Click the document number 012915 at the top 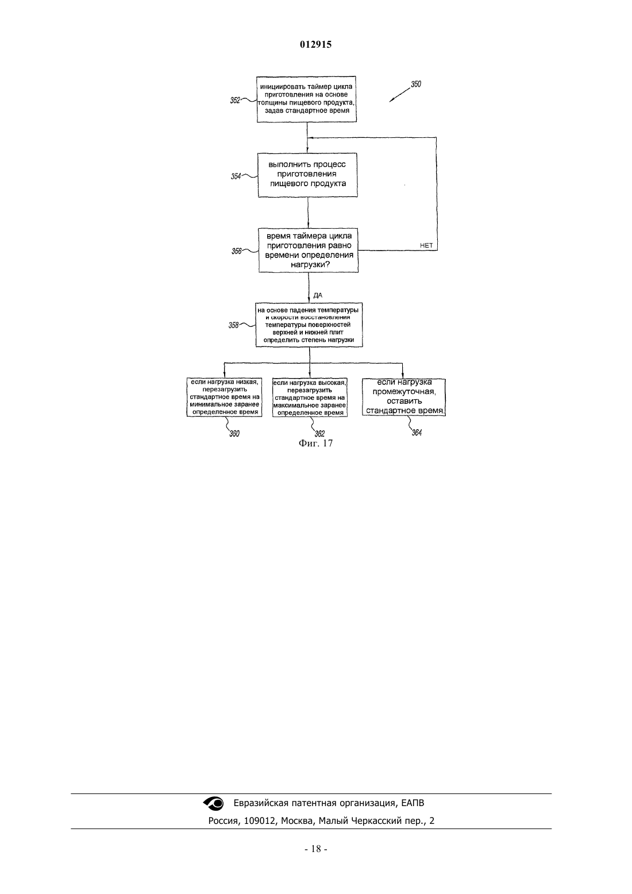[x=315, y=44]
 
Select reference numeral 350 [x=416, y=84]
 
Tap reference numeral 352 [x=235, y=101]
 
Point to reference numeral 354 [x=236, y=176]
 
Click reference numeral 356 [x=237, y=251]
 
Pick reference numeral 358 [x=233, y=325]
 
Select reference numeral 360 [x=234, y=434]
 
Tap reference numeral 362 [x=319, y=434]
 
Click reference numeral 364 [x=417, y=433]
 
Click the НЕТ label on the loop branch [x=426, y=245]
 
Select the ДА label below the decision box [x=318, y=295]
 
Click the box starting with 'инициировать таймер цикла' [x=306, y=99]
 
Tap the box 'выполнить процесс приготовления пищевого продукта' [x=307, y=175]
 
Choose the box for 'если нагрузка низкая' [x=224, y=397]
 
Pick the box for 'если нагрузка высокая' [x=310, y=398]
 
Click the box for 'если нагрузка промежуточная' [x=404, y=397]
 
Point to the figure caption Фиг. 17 [x=315, y=443]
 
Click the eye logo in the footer [x=214, y=803]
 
